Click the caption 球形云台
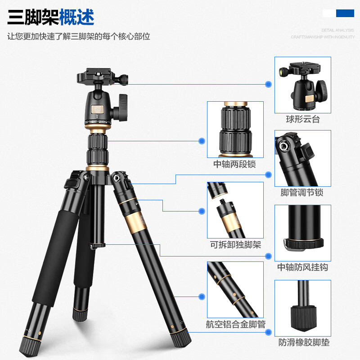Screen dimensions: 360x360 tap(303, 120)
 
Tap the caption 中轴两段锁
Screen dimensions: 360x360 tap(234, 164)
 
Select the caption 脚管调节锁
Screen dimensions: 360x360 tap(302, 193)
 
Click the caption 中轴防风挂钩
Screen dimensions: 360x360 tap(302, 267)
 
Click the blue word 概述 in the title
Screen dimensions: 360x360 tap(76, 18)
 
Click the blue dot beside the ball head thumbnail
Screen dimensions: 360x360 tap(269, 84)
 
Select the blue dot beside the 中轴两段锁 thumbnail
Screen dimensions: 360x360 tap(202, 141)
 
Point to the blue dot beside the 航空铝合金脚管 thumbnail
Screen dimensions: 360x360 tap(202, 297)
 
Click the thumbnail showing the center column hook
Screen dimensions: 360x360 tap(303, 233)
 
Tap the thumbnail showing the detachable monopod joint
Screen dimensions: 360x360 tap(235, 210)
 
